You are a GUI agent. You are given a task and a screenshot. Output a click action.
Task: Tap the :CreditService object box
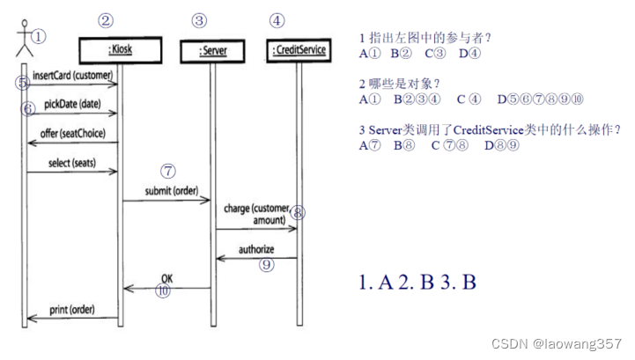[x=298, y=50]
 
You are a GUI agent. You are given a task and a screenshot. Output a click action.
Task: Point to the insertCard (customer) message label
[x=72, y=76]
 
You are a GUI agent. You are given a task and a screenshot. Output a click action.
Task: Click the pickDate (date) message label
[x=71, y=104]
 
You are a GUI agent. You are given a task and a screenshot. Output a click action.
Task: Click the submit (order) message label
[x=172, y=191]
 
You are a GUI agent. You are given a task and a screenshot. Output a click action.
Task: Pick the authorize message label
[x=255, y=249]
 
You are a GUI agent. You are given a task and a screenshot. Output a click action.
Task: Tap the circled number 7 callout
[x=169, y=171]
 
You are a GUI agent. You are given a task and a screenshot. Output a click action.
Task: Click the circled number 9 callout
[x=268, y=263]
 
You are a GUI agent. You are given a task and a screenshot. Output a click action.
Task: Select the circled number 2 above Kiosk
[x=106, y=20]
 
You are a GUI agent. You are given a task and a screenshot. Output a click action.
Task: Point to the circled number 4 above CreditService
[x=277, y=20]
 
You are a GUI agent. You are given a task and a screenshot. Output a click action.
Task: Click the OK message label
[x=166, y=278]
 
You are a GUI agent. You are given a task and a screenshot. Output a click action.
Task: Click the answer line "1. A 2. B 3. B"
[x=417, y=283]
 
